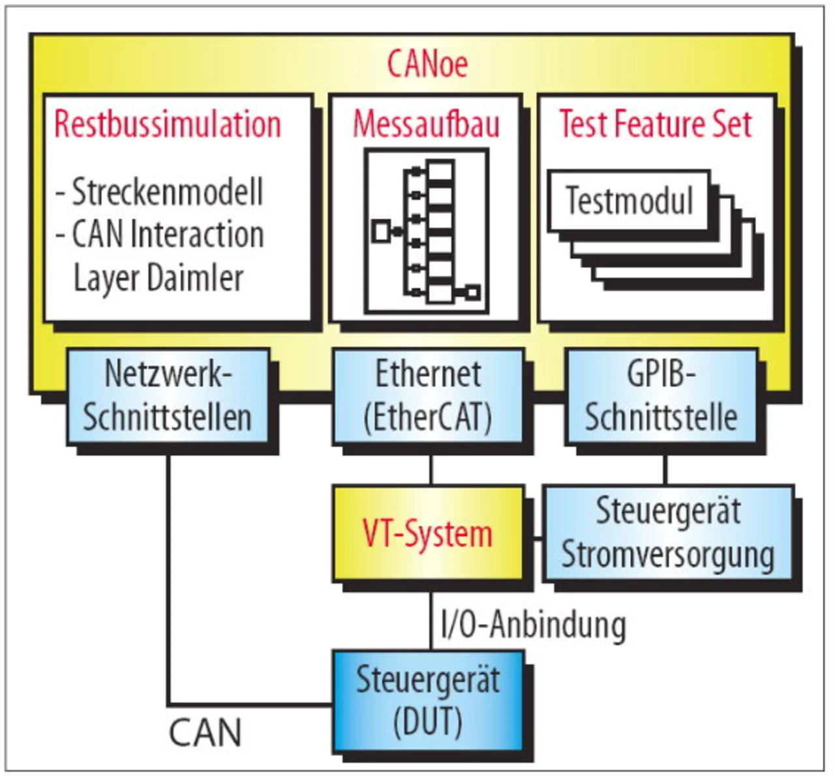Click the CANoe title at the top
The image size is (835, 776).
coord(427,64)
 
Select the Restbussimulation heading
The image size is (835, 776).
coord(168,124)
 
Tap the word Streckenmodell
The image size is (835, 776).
coord(167,192)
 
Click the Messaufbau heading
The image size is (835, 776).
coord(426,124)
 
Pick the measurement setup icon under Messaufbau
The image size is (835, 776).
coord(427,231)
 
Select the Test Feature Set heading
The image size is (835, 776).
coord(655,124)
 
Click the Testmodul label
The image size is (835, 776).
coord(629,200)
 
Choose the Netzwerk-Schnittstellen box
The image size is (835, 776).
coord(168,396)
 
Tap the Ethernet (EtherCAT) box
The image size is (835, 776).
coord(428,396)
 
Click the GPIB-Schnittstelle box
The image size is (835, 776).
coord(661,396)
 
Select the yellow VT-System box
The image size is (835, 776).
coord(428,533)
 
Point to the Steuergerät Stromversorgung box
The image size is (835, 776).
coord(668,533)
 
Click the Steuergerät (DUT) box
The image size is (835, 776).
coord(428,700)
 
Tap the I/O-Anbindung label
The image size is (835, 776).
coord(534,624)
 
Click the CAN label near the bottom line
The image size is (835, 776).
coord(205,732)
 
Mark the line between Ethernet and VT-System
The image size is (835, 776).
coord(431,470)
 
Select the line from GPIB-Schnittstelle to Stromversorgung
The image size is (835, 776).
coord(665,470)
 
